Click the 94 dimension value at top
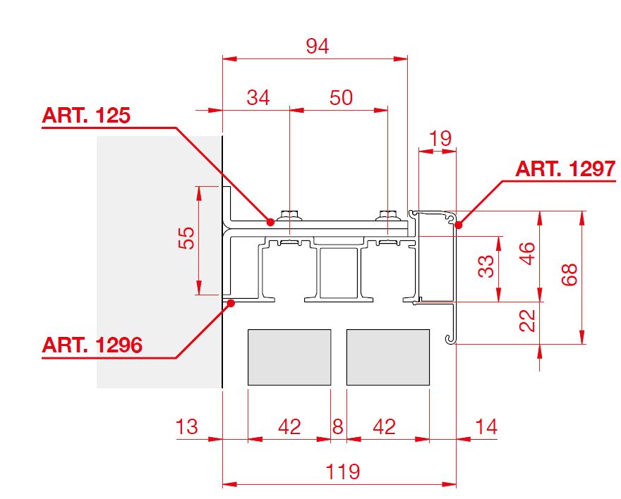[318, 47]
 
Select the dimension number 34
[258, 97]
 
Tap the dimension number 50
[341, 97]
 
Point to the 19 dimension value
[440, 138]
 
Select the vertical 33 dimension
[486, 266]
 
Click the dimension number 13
[187, 426]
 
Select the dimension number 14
[486, 426]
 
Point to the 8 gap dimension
[338, 426]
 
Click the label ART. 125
[87, 116]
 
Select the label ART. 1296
[92, 345]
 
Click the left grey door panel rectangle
[289, 357]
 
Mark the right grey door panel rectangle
[388, 357]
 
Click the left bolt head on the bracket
[288, 214]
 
